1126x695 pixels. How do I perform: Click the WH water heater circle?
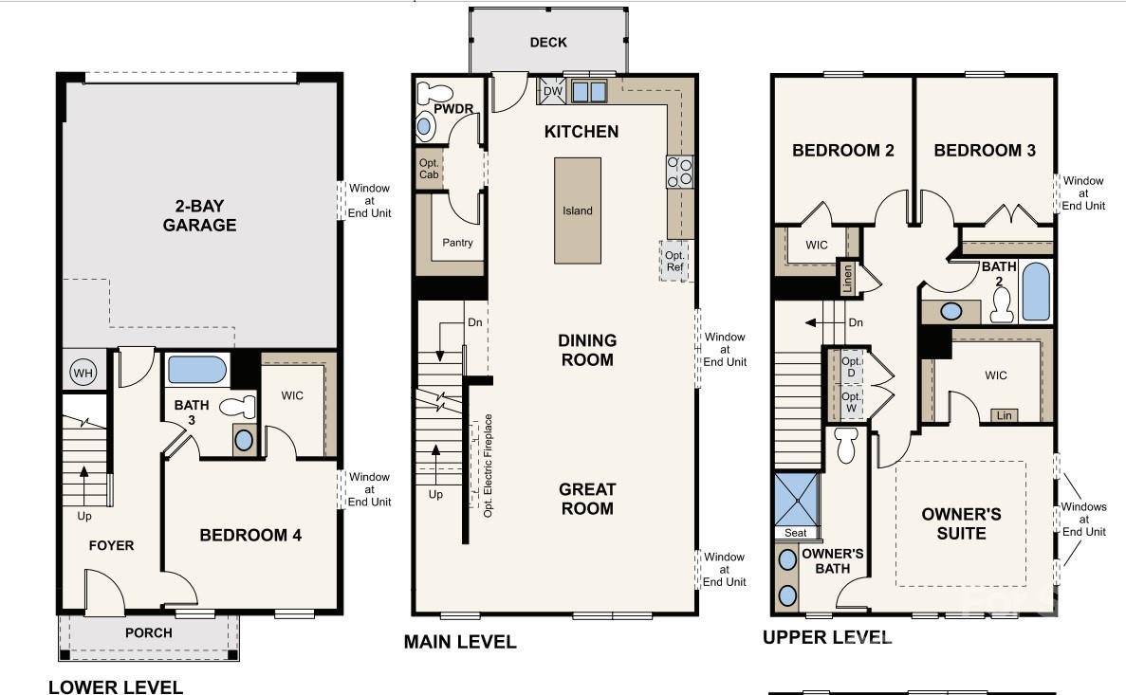83,372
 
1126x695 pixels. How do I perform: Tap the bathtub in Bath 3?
196,371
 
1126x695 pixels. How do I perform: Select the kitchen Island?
578,210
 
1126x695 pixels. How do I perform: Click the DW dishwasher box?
552,91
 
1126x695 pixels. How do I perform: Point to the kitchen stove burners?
679,172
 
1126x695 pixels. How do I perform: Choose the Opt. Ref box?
674,261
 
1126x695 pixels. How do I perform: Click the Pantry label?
457,243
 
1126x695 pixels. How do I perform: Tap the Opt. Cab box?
429,169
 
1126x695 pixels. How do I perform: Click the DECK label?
548,43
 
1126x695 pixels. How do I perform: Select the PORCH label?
149,632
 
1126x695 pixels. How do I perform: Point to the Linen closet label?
847,278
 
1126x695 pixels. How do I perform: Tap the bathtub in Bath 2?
1036,291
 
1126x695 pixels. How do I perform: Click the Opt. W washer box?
851,402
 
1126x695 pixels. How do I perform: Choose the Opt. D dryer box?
851,367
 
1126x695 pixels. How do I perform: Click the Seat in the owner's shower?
796,533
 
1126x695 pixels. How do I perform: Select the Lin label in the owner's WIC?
1004,415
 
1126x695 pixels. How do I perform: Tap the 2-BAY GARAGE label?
199,215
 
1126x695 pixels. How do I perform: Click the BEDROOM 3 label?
985,150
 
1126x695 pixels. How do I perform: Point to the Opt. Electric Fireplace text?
489,466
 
